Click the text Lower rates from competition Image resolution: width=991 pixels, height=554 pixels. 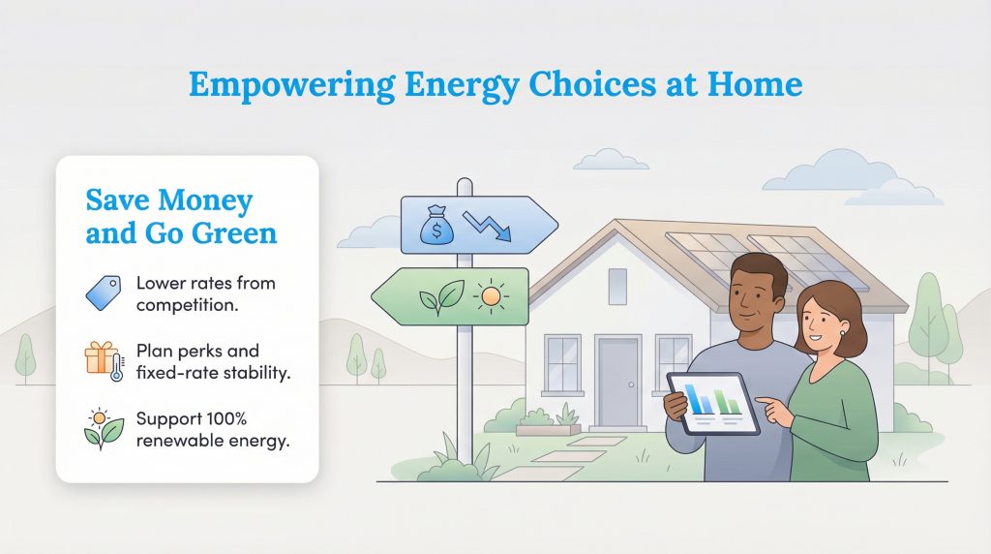205,293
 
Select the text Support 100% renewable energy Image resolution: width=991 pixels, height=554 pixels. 212,430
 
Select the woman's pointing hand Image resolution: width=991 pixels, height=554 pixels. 774,409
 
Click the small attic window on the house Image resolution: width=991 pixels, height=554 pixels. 616,286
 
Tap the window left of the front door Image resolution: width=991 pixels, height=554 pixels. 561,363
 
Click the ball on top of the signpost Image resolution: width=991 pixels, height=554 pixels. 465,184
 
